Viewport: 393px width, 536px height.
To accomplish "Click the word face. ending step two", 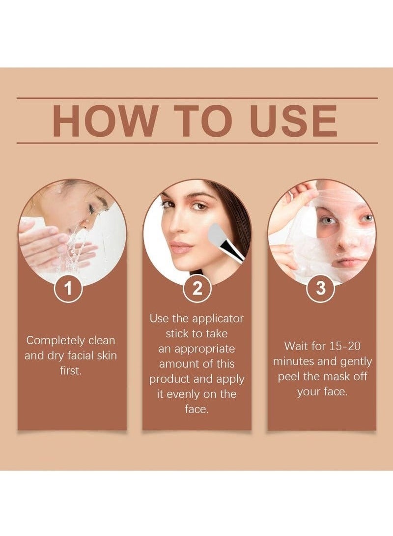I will (196, 409).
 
